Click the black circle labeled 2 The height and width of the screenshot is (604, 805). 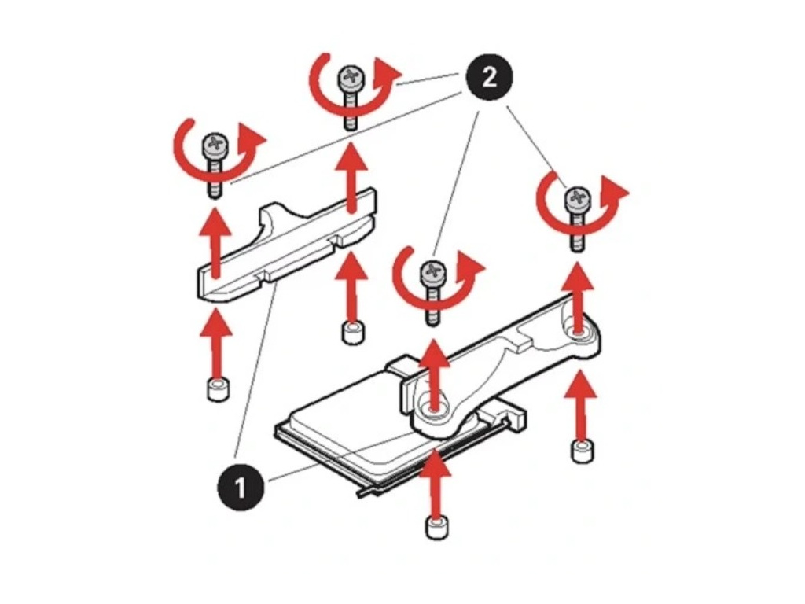point(488,78)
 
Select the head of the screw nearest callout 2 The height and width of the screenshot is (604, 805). point(350,79)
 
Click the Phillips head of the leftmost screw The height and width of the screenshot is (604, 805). point(214,144)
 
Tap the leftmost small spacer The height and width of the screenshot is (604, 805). point(216,389)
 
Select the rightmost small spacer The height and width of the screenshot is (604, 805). point(581,452)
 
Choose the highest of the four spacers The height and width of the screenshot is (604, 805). point(353,331)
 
